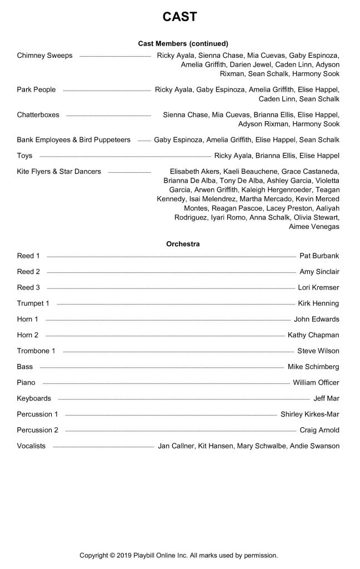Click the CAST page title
(x=179, y=17)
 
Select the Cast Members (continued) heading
(x=183, y=43)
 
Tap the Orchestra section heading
(x=183, y=243)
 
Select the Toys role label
(x=24, y=156)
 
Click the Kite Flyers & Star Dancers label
(x=59, y=172)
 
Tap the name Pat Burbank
(x=319, y=256)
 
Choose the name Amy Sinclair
(x=319, y=272)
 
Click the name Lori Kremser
(x=319, y=287)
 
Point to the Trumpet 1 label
(x=33, y=303)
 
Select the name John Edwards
(x=316, y=319)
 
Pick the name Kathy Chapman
(x=313, y=335)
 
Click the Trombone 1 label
(x=36, y=351)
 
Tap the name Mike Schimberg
(x=313, y=367)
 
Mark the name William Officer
(x=316, y=382)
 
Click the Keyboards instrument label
(x=34, y=398)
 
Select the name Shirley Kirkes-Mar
(x=310, y=414)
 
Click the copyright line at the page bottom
(x=178, y=555)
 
